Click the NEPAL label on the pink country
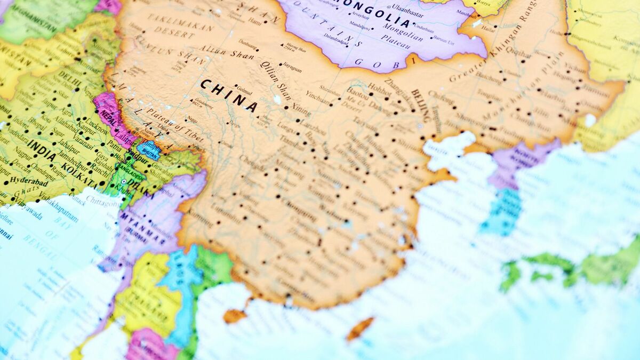pos(107,118)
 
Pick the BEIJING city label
pos(420,105)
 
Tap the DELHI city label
pos(70,79)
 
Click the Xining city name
pos(300,110)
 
